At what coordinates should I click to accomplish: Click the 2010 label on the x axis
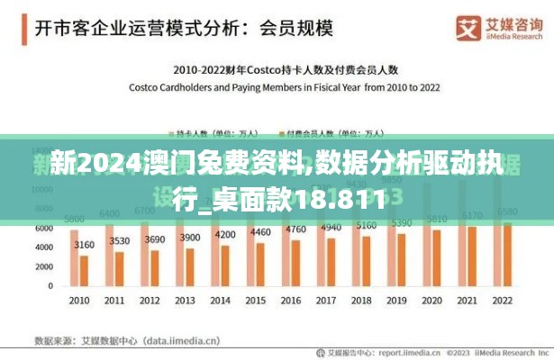coord(79,301)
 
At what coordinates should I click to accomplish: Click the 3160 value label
coord(84,245)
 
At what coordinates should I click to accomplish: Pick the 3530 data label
coord(119,241)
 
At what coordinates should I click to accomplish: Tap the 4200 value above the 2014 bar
coord(224,235)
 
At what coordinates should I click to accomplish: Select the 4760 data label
coord(295,229)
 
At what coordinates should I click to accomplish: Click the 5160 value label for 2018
coord(366,225)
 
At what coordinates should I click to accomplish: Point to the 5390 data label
coord(401,222)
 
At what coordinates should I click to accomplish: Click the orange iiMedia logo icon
coord(468,28)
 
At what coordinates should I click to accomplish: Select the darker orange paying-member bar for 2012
coord(154,268)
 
